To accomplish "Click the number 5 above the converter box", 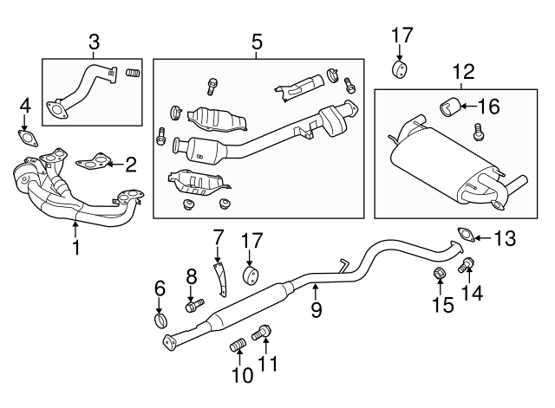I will tap(257, 41).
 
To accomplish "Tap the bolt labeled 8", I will tap(193, 305).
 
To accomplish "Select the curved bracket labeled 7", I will tap(220, 273).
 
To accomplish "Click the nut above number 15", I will tap(441, 275).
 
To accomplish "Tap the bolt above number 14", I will tap(468, 265).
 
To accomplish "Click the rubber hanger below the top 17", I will tap(400, 68).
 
